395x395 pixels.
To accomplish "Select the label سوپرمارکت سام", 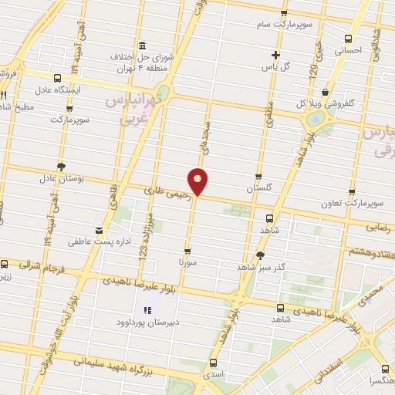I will tap(285, 25).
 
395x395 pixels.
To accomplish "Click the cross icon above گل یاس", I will tap(275, 55).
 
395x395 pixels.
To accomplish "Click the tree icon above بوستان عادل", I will tap(62, 166).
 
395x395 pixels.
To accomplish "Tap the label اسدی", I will tap(214, 373).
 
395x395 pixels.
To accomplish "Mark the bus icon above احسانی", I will tap(348, 39).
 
